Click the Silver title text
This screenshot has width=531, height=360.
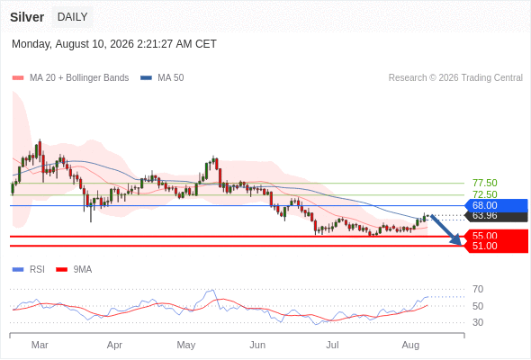[x=27, y=17]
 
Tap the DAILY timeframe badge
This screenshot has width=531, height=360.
[x=73, y=16]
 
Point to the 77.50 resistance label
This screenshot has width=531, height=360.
[x=485, y=183]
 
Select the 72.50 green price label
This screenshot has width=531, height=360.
[x=485, y=194]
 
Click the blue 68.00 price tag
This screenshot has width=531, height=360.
[x=496, y=205]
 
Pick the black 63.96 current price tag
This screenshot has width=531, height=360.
[x=497, y=216]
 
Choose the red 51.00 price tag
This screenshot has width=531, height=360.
[x=497, y=247]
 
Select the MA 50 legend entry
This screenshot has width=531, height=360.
[x=162, y=78]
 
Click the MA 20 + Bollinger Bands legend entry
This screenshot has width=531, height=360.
[x=70, y=78]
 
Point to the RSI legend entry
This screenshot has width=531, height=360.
[x=29, y=270]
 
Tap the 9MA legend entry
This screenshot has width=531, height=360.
[x=74, y=270]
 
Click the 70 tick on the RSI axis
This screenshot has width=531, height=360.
[x=478, y=289]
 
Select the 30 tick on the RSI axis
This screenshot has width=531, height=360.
[x=478, y=322]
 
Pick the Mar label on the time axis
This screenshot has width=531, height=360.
[x=40, y=345]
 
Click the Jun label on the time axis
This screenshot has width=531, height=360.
[x=257, y=345]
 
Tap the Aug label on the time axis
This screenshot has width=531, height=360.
[x=410, y=345]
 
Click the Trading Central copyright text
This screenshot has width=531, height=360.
[x=455, y=78]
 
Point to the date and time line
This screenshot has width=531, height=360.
[x=114, y=44]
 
